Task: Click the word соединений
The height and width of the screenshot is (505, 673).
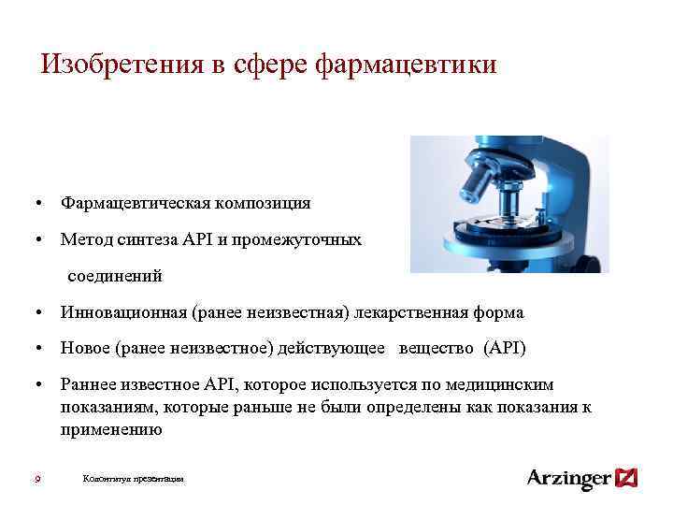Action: pyautogui.click(x=114, y=276)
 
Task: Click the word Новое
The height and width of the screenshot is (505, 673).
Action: pyautogui.click(x=85, y=350)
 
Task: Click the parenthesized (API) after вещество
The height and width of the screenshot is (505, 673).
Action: pyautogui.click(x=505, y=350)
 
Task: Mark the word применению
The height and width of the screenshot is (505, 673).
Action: pyautogui.click(x=111, y=430)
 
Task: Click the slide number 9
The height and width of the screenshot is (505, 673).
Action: pyautogui.click(x=36, y=479)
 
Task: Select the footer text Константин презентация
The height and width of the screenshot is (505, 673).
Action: pyautogui.click(x=134, y=479)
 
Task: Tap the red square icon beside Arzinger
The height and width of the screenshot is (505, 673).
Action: pyautogui.click(x=627, y=478)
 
